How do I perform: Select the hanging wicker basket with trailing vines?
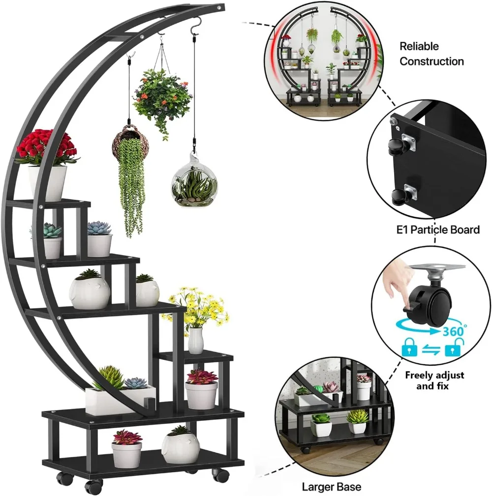pos(130,167)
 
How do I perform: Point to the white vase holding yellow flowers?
pos(196,341)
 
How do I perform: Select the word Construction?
pos(431,61)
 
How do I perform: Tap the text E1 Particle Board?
pos(437,230)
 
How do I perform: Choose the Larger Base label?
pos(331,487)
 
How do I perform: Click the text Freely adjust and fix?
pos(434,380)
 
